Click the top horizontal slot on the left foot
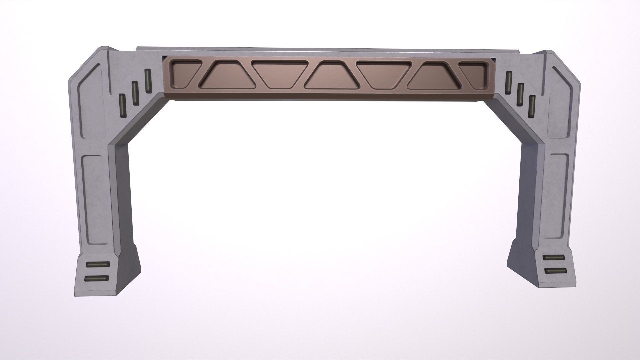pos(98,264)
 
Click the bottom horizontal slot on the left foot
pos(97,278)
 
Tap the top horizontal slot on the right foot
pos(553,258)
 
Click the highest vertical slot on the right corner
pos(509,82)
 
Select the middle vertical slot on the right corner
pos(520,94)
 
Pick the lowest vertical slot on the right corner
pos(532,106)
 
